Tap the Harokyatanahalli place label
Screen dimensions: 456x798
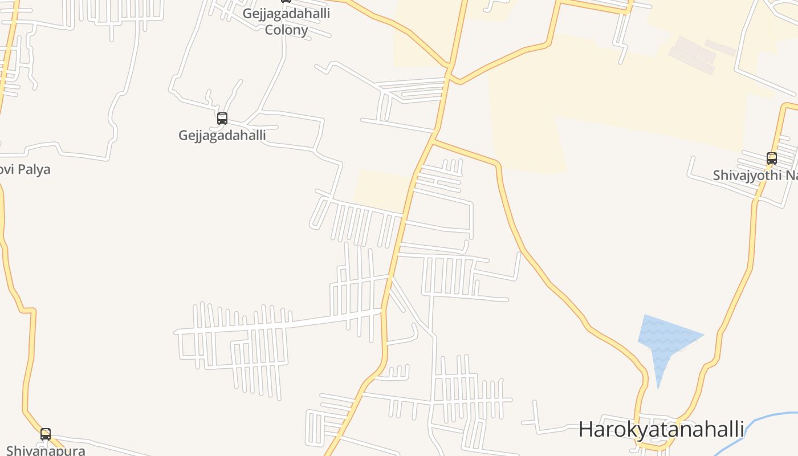point(661,429)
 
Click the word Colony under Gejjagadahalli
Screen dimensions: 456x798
point(286,30)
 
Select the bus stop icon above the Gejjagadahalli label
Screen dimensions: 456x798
point(222,119)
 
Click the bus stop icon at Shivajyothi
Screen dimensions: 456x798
point(772,158)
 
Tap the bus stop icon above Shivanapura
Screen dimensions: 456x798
point(46,434)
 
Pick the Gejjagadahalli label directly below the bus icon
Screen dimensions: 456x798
point(222,135)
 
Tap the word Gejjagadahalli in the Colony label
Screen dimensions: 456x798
point(286,13)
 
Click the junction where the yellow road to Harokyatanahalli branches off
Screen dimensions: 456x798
point(434,140)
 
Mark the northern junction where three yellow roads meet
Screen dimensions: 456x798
point(450,74)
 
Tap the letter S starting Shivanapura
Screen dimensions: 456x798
point(10,451)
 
